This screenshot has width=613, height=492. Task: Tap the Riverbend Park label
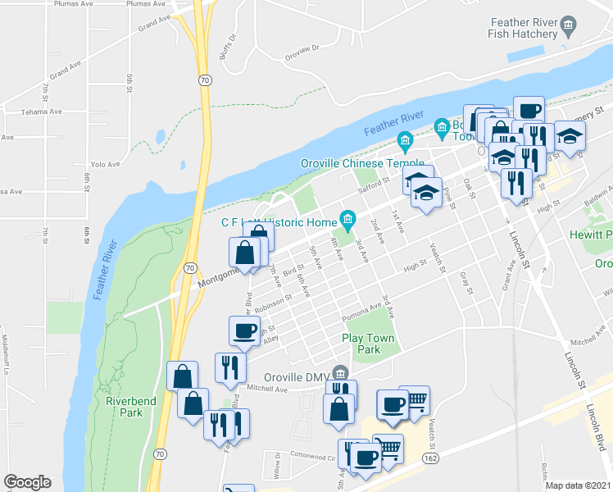125,407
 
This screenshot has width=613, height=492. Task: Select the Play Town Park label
368,344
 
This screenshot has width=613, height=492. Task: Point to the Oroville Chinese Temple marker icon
403,140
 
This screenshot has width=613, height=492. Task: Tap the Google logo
27,482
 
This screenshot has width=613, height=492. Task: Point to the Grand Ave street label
154,23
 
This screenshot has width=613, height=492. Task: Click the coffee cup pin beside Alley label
243,330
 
